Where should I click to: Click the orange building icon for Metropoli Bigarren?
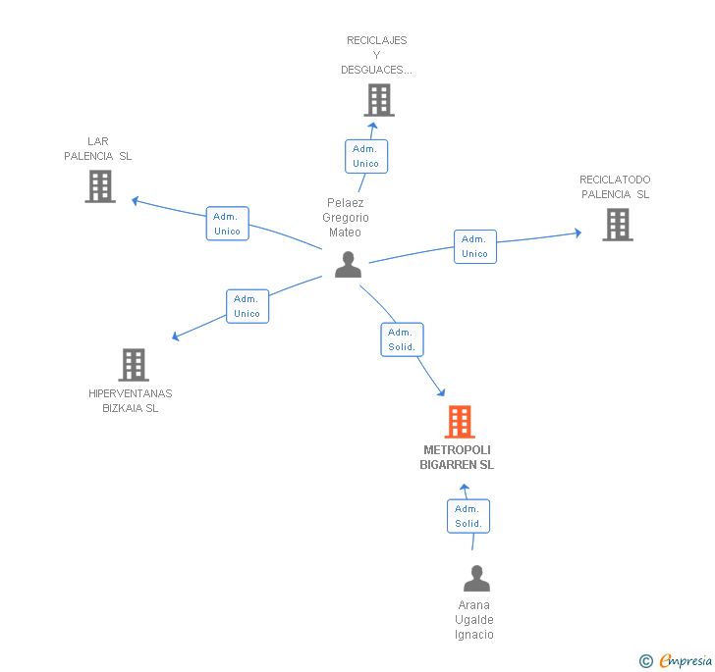click(460, 422)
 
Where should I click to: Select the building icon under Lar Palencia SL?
click(100, 186)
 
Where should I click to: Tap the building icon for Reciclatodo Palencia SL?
click(618, 225)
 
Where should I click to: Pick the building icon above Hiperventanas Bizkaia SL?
click(134, 365)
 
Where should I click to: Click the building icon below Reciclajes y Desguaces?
click(379, 100)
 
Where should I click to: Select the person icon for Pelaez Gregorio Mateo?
click(348, 265)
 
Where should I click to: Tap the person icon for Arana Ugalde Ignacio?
click(476, 578)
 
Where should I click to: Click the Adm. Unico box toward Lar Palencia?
click(228, 224)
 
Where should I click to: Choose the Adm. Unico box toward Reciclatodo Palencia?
click(475, 246)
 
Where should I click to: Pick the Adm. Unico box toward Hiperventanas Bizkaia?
click(247, 306)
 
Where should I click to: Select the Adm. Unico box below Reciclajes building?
click(366, 156)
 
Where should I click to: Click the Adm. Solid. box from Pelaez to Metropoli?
click(403, 339)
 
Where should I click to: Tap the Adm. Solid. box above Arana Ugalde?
click(468, 516)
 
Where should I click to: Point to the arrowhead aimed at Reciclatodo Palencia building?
click(578, 233)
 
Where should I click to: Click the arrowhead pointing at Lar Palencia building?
click(135, 200)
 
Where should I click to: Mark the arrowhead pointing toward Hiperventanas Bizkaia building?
click(176, 336)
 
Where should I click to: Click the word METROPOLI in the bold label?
click(457, 450)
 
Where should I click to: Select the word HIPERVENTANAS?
click(131, 393)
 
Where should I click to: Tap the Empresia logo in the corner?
click(676, 660)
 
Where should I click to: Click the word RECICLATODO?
click(615, 180)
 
